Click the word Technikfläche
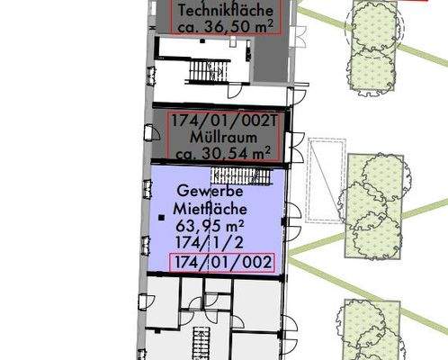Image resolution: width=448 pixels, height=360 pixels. click(223, 10)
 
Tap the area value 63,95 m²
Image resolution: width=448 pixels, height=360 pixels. click(213, 226)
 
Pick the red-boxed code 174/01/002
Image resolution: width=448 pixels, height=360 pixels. click(221, 262)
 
